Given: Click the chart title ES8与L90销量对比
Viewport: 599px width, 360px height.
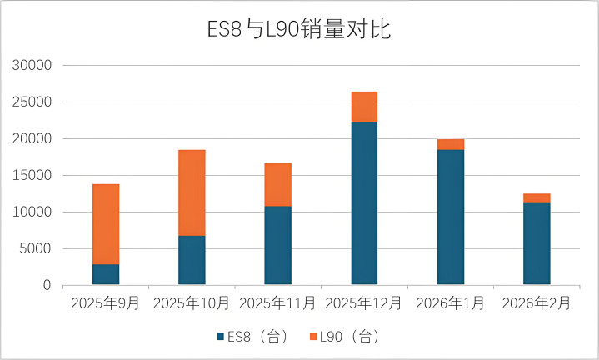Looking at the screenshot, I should [x=299, y=30].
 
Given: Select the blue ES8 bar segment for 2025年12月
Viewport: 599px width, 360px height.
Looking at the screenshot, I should [x=364, y=203].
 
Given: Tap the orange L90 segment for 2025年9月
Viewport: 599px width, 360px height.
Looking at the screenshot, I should [x=106, y=224].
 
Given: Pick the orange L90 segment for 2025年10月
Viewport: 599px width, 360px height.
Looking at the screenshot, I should [x=192, y=192].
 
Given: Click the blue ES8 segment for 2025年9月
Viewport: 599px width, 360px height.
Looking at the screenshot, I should [x=106, y=274].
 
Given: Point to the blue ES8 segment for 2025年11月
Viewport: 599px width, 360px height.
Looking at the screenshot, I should [x=277, y=245].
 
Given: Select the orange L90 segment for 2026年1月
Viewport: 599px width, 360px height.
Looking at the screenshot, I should [x=450, y=144].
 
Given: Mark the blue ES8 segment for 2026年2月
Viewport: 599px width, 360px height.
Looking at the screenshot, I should [x=537, y=243].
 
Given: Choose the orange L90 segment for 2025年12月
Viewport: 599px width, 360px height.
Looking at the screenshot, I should [x=364, y=107].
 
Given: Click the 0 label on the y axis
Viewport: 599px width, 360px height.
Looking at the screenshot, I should [x=47, y=286].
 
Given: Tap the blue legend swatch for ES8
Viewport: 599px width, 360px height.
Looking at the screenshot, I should [x=221, y=337].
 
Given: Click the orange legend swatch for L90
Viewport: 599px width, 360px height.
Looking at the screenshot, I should [x=313, y=337].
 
